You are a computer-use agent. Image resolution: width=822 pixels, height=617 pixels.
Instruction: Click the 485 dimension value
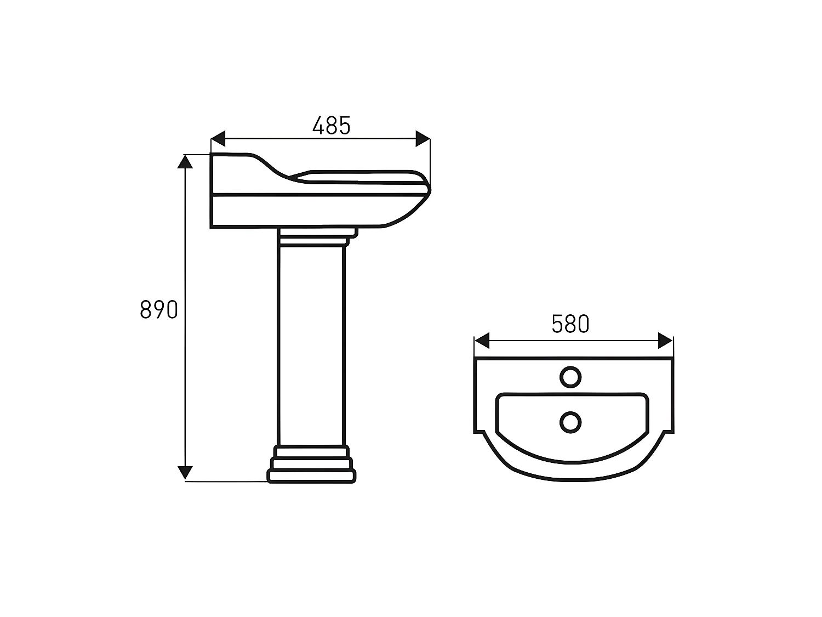pos(331,126)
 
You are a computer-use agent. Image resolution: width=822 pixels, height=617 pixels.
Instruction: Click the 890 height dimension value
pos(159,310)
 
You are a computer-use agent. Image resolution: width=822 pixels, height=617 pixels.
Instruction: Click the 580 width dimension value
pos(570,324)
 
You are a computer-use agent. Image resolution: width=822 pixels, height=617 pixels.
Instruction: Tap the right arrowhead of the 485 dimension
pos(423,139)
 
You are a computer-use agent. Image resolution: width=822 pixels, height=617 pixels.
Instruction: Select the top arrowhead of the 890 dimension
pos(185,161)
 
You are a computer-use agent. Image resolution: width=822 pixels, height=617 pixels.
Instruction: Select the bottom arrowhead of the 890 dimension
pos(185,472)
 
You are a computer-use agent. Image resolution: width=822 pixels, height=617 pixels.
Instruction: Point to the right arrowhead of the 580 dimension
pos(665,341)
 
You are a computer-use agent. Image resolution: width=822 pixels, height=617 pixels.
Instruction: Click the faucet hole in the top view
pos(570,377)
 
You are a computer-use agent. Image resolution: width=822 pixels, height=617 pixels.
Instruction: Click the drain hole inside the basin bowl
pos(570,422)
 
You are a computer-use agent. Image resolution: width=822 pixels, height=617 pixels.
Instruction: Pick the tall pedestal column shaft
pos(311,346)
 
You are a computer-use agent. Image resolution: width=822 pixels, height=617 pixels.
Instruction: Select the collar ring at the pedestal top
pos(314,240)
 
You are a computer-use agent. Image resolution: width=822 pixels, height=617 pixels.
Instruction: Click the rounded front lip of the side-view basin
pos(426,189)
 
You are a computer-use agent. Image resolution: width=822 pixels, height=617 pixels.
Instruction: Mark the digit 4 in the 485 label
pos(318,126)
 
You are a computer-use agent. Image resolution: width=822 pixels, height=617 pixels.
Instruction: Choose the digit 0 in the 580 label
pos(583,324)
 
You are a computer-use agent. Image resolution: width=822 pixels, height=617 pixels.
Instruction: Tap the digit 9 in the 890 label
pos(159,310)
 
